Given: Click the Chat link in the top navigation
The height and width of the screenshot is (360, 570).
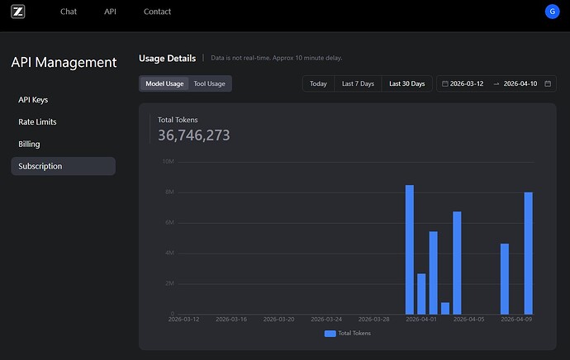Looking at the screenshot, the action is pyautogui.click(x=69, y=12).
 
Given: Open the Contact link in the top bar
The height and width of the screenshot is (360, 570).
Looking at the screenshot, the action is pyautogui.click(x=157, y=12).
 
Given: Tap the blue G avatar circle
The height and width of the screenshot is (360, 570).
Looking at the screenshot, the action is pyautogui.click(x=552, y=12).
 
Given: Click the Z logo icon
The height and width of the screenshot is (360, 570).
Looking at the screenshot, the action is pyautogui.click(x=18, y=12).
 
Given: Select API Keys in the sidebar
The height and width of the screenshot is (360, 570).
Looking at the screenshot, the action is pyautogui.click(x=33, y=100).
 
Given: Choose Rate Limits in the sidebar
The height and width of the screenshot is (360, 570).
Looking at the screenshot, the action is pyautogui.click(x=37, y=121).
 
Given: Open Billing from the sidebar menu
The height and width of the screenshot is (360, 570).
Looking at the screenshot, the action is pyautogui.click(x=29, y=144).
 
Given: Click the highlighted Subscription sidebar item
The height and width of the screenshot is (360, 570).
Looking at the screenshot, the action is pyautogui.click(x=64, y=166).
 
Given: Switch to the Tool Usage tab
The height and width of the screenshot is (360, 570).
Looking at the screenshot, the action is pyautogui.click(x=209, y=83).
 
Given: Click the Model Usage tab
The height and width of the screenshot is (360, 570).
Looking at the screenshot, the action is pyautogui.click(x=164, y=83).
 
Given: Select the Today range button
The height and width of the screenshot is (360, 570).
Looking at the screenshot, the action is pyautogui.click(x=318, y=83).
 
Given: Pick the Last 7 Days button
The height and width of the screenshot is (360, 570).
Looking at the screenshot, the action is pyautogui.click(x=358, y=83).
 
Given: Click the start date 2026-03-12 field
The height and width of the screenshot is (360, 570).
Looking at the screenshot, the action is pyautogui.click(x=467, y=83).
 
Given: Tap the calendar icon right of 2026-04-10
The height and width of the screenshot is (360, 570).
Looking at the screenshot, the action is pyautogui.click(x=548, y=83).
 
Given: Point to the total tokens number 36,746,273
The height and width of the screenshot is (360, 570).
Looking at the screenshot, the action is pyautogui.click(x=194, y=135).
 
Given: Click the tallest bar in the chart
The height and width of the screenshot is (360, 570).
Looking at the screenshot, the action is pyautogui.click(x=410, y=249).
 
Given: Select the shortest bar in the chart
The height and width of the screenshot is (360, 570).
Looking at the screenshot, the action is pyautogui.click(x=445, y=309).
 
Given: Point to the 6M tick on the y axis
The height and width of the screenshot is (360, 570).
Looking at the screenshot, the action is pyautogui.click(x=170, y=222).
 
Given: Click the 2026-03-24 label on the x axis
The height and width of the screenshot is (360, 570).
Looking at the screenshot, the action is pyautogui.click(x=326, y=320).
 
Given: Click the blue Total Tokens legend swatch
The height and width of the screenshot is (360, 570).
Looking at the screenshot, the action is pyautogui.click(x=330, y=334).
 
